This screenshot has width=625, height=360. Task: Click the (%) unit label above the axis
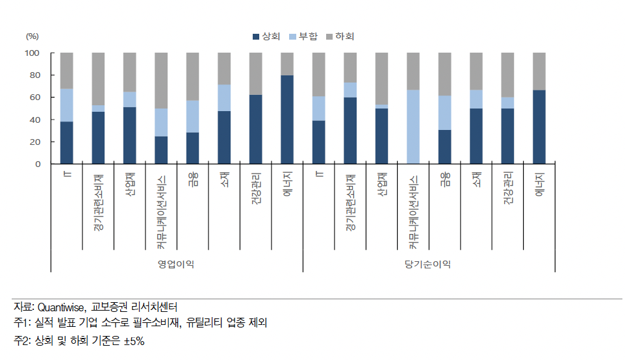click(32, 37)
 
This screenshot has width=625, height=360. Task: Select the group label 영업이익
click(175, 264)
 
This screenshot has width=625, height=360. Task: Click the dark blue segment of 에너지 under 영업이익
click(287, 120)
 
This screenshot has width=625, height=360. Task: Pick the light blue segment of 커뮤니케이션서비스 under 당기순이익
click(413, 127)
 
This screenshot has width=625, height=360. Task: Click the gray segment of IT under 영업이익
click(66, 70)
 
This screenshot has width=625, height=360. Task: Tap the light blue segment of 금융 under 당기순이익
click(444, 113)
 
